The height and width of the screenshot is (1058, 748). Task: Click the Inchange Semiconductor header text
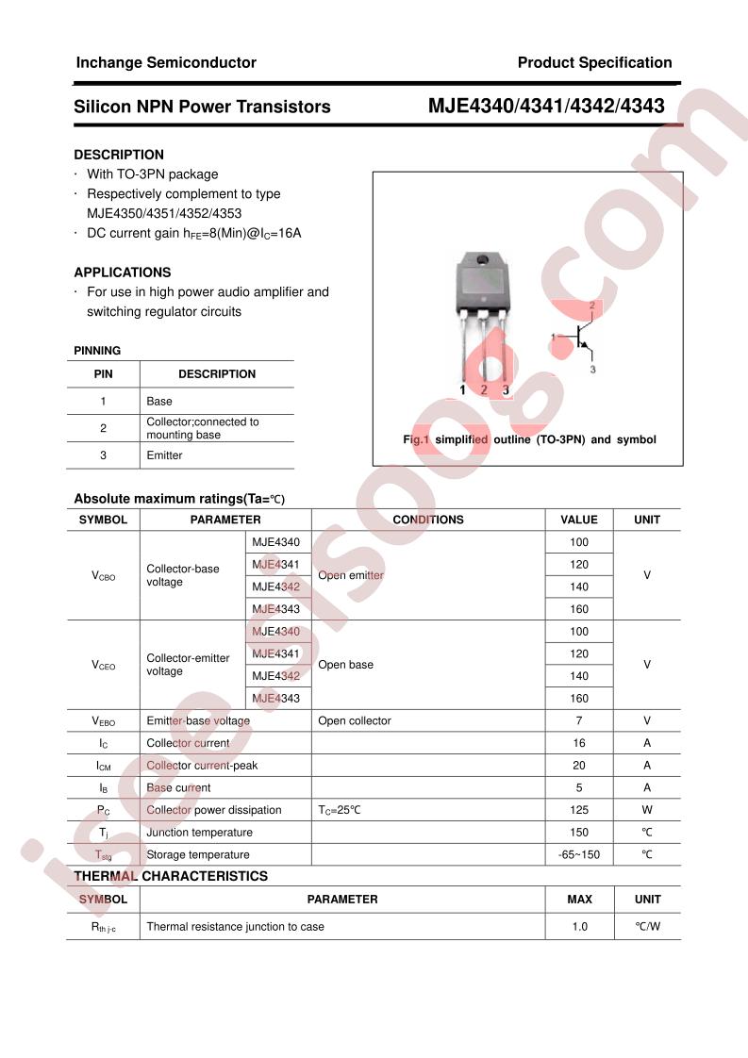[165, 63]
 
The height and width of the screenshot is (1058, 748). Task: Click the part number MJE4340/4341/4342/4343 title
[546, 107]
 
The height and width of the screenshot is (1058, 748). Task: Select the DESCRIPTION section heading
[119, 155]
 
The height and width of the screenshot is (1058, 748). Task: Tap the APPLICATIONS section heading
[123, 273]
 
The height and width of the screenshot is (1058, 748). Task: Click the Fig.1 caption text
[528, 439]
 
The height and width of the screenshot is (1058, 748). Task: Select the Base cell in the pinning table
[159, 402]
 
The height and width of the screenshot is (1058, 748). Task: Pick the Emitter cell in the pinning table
[164, 455]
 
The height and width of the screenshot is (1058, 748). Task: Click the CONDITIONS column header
[427, 520]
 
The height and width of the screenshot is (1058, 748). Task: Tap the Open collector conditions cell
[355, 721]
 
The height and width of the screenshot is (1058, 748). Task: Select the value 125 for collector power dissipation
[579, 810]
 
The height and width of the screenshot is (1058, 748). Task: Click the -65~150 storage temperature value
[579, 855]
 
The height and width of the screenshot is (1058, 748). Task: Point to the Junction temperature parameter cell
[199, 833]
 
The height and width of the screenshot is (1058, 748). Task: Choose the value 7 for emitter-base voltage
[579, 721]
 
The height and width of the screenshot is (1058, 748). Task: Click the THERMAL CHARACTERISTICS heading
[171, 876]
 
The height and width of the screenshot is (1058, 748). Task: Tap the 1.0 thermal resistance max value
[579, 927]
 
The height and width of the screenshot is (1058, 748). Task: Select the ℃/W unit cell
[647, 927]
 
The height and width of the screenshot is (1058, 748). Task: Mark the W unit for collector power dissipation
[647, 810]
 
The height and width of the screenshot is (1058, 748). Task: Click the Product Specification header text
[594, 63]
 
